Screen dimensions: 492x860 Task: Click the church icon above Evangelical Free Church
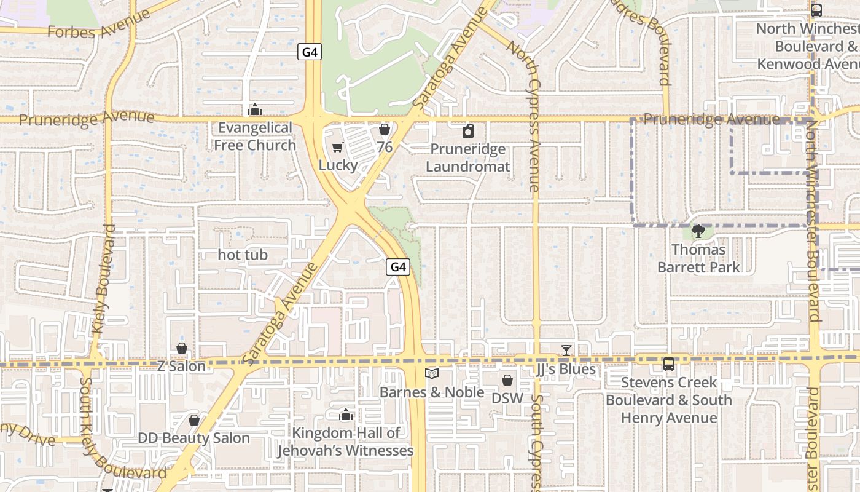(x=254, y=110)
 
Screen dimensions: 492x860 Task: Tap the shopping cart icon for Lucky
(x=337, y=148)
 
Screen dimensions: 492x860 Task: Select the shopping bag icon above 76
(x=385, y=129)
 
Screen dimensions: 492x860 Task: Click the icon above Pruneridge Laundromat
(x=468, y=131)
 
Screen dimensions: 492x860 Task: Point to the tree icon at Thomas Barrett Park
(x=698, y=231)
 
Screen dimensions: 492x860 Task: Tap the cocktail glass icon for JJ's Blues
(x=566, y=351)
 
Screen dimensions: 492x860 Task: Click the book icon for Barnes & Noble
(x=432, y=373)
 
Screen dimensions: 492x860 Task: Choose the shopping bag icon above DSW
(x=507, y=380)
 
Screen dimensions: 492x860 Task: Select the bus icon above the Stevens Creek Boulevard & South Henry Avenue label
(x=669, y=364)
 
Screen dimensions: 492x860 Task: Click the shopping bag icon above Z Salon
(x=182, y=348)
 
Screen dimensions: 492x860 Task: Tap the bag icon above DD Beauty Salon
(x=194, y=420)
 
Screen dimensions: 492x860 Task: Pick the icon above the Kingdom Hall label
(x=346, y=415)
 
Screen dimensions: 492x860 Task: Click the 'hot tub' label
(x=243, y=255)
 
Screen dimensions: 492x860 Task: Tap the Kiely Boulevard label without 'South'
(x=105, y=280)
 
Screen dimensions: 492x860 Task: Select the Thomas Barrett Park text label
(x=698, y=258)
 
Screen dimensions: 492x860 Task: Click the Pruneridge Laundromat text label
(x=468, y=158)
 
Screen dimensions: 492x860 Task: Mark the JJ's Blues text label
(x=566, y=369)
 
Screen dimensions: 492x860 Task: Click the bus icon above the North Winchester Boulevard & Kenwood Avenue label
(x=816, y=10)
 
